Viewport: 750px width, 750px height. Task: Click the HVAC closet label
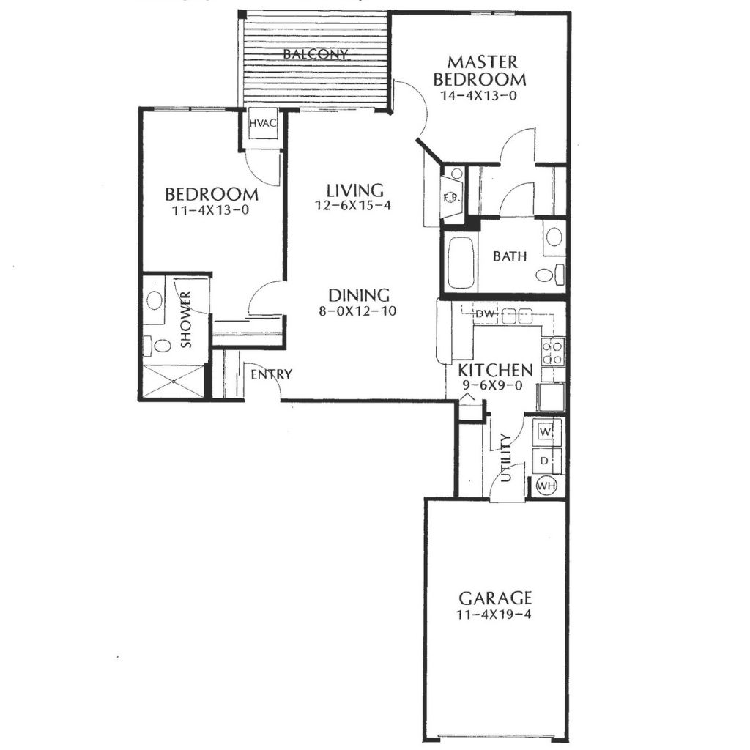[x=263, y=123]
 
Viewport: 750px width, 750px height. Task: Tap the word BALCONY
[x=315, y=53]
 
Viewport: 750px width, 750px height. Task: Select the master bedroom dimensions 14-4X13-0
[x=478, y=95]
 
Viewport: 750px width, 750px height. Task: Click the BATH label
[x=510, y=256]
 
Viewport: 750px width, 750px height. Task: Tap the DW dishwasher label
[x=485, y=314]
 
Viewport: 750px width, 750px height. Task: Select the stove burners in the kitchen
[x=552, y=352]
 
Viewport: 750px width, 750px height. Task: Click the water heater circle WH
[x=546, y=486]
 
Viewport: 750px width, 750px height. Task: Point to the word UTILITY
[x=506, y=458]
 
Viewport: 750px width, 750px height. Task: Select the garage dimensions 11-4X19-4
[x=494, y=615]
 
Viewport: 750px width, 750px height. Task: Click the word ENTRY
[x=272, y=374]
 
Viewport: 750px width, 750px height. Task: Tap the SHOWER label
[x=185, y=319]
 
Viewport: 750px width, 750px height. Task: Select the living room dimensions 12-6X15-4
[x=354, y=206]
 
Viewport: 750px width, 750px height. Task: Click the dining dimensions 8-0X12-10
[x=357, y=311]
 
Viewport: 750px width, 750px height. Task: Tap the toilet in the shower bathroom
[x=158, y=346]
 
